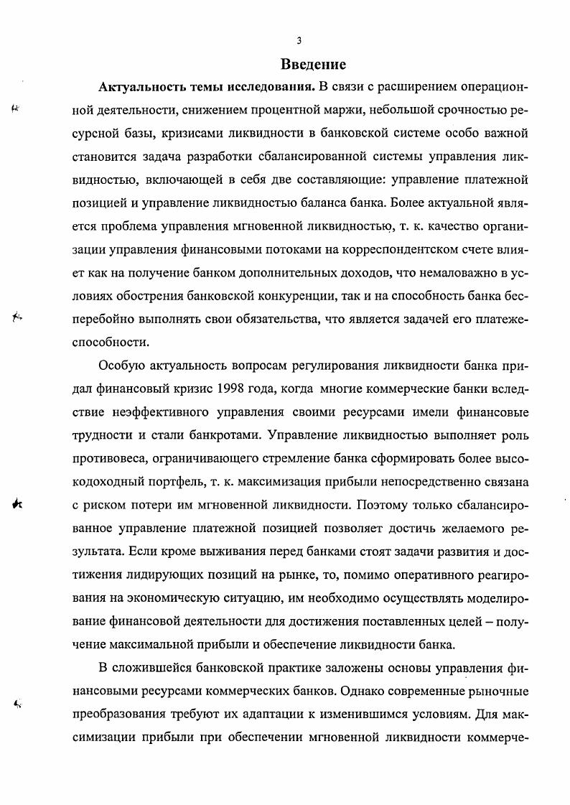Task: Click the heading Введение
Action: tap(303, 65)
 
